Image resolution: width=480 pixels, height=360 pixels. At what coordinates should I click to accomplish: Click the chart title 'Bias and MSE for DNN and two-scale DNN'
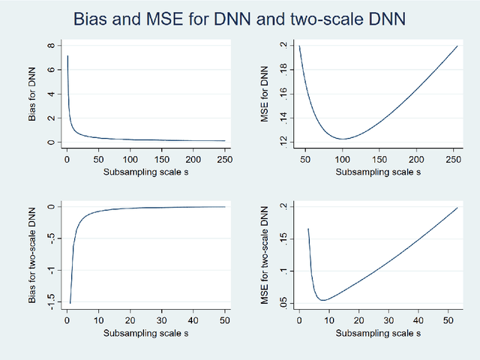[240, 18]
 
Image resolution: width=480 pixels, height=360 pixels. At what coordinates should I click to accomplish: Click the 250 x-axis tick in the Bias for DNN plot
[224, 159]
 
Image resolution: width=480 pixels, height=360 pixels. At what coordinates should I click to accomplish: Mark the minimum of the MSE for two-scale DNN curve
[323, 300]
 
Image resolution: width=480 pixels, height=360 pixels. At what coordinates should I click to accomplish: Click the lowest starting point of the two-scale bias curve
[70, 303]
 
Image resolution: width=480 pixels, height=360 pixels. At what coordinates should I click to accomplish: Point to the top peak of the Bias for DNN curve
[67, 55]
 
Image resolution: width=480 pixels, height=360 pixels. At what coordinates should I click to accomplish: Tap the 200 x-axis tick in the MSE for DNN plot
[418, 159]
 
